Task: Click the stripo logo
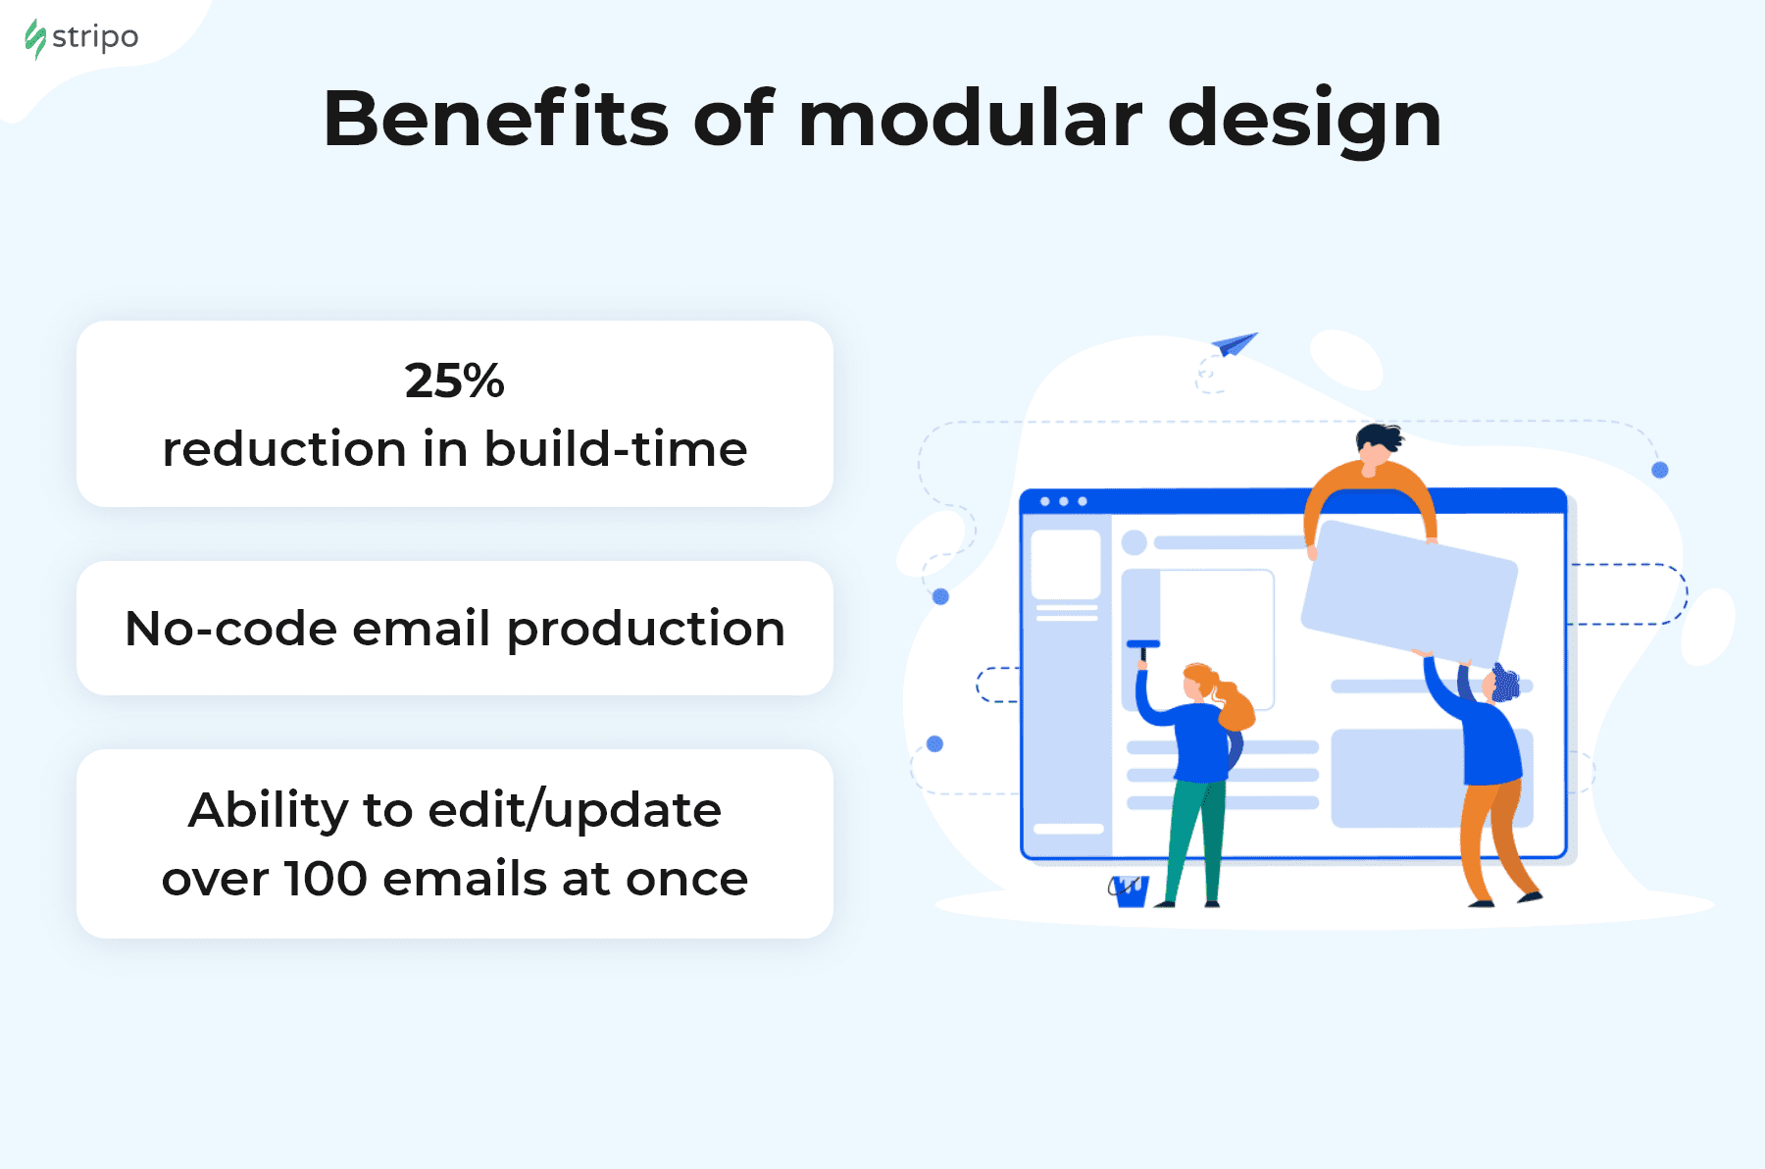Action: (x=81, y=38)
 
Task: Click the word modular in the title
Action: (x=971, y=119)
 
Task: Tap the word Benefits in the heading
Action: (x=496, y=119)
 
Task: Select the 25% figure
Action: (x=455, y=381)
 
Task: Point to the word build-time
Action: (x=616, y=449)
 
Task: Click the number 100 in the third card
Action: (x=326, y=879)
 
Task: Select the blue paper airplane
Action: (x=1234, y=343)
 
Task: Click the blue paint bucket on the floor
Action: (x=1129, y=890)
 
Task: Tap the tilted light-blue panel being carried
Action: (x=1409, y=591)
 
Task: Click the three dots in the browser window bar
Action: (x=1064, y=501)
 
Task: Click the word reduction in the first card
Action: (x=284, y=449)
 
